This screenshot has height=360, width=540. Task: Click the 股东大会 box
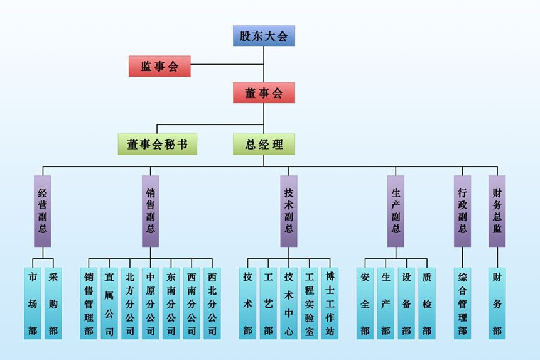[x=264, y=36]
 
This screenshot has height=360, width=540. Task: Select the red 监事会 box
[x=159, y=66]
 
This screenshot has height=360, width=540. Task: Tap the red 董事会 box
[x=264, y=93]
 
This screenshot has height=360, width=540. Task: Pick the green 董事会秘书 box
[x=158, y=144]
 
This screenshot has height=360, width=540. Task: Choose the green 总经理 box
[x=264, y=144]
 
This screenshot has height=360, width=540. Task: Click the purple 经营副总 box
[x=43, y=210]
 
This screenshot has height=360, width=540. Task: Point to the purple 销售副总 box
[x=151, y=210]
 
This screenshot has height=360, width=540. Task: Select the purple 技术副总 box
[x=289, y=210]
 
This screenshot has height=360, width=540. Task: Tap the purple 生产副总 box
[x=396, y=210]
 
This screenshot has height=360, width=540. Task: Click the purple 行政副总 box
[x=463, y=210]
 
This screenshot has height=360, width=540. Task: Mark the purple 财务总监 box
[x=497, y=210]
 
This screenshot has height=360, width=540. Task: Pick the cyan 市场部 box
[x=33, y=303]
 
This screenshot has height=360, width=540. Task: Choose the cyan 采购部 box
[x=53, y=303]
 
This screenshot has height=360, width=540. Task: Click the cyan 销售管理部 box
[x=89, y=303]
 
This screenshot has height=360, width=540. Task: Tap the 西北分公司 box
[x=212, y=303]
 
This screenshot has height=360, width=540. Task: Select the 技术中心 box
[x=289, y=303]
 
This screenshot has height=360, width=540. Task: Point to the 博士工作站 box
[x=330, y=303]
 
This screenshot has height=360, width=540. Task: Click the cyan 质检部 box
[x=427, y=303]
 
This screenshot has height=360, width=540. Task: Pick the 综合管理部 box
[x=463, y=303]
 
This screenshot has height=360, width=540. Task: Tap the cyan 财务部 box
[x=497, y=303]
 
